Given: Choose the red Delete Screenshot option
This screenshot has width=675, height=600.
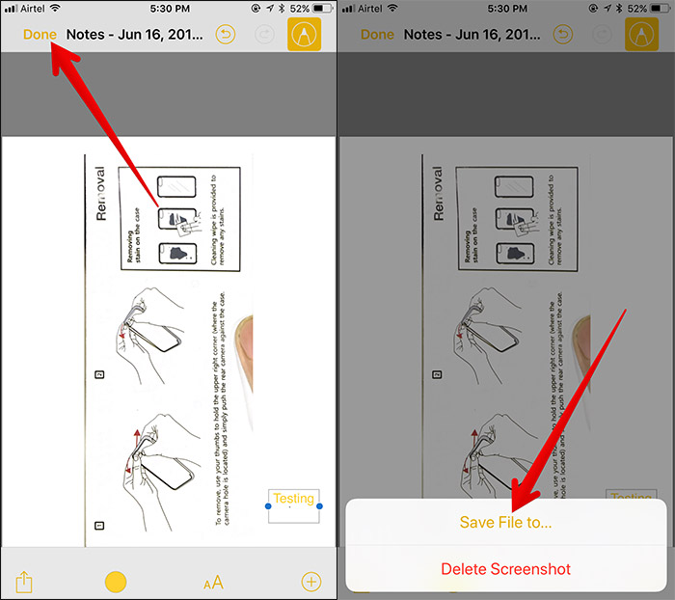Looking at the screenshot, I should [505, 569].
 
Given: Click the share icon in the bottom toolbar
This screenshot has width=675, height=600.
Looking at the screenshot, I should [25, 582].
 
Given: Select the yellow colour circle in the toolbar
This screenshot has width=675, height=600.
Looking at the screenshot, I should [116, 582].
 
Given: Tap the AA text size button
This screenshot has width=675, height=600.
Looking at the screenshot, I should [213, 582].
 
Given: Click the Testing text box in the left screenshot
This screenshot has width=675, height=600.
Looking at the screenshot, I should [293, 505].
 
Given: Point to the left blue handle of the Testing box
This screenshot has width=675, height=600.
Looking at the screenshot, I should [267, 506].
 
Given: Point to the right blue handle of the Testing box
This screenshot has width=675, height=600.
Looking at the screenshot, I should [319, 506].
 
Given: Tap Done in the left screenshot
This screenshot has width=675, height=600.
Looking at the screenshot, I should [40, 35].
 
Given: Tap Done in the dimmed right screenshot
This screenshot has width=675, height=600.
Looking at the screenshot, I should [377, 35].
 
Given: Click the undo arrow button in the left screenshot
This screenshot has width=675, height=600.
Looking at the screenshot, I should [226, 35].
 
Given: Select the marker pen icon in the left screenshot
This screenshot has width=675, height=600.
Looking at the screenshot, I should [305, 34].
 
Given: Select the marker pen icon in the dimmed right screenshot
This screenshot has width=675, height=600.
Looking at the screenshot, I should [641, 34].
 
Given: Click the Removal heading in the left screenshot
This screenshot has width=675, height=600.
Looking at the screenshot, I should [101, 193].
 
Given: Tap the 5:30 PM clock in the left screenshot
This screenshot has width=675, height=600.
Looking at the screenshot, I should [169, 9].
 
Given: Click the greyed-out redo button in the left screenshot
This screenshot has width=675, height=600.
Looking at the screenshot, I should [260, 35].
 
